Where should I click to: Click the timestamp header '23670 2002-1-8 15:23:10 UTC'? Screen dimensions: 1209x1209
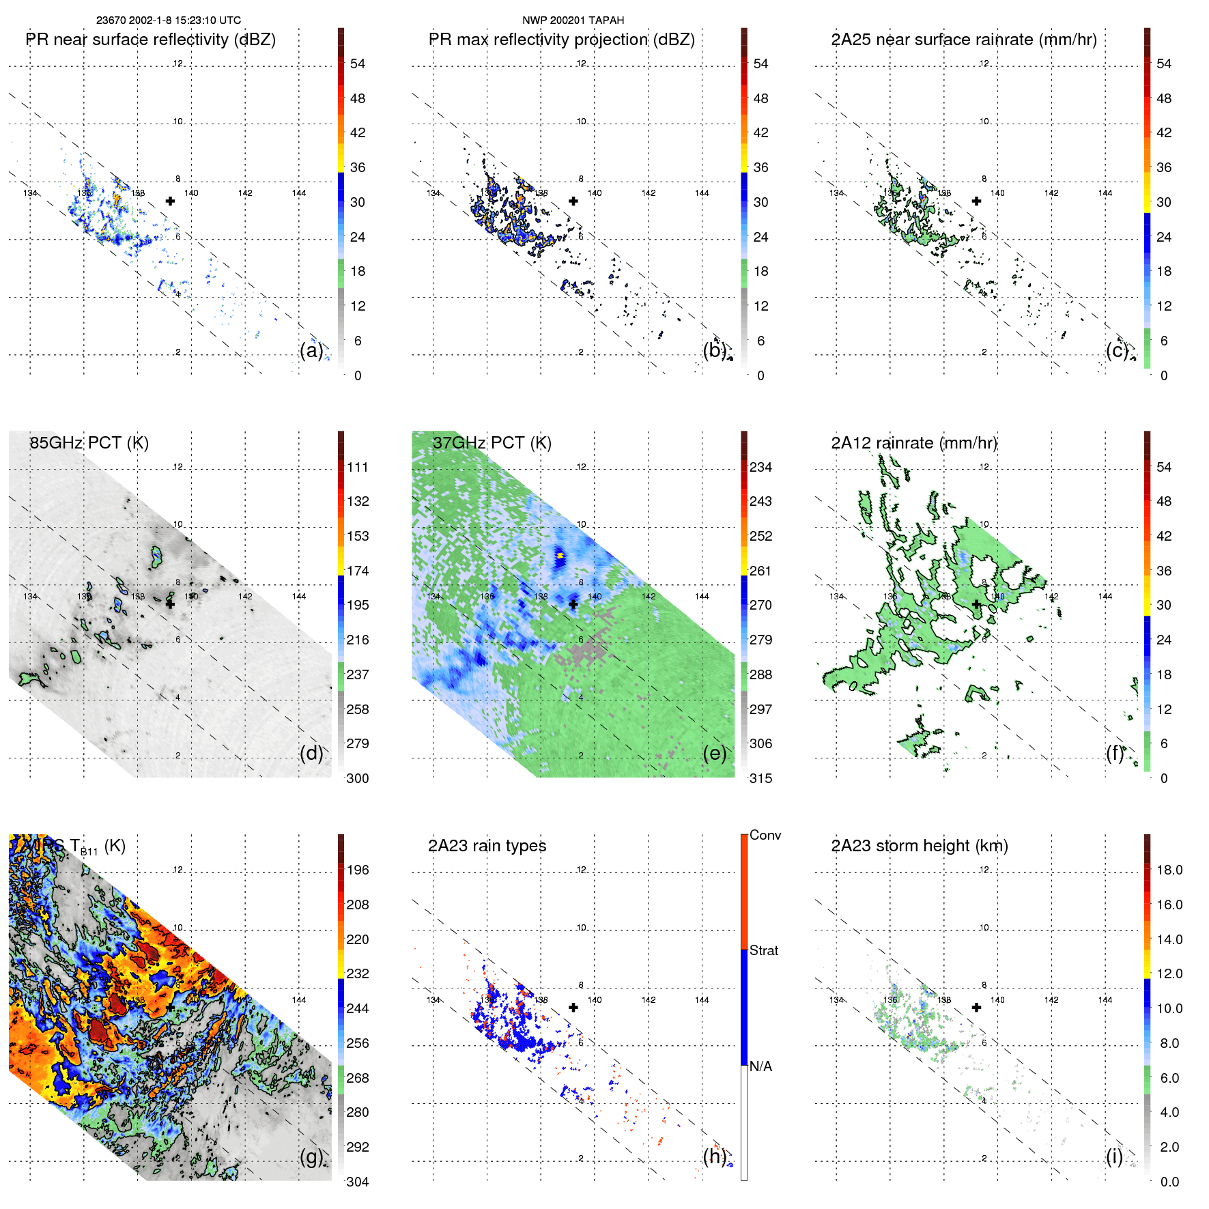tap(168, 20)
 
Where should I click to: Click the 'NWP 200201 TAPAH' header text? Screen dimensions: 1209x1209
tap(573, 20)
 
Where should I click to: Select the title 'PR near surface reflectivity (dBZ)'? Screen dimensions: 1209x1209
tap(151, 40)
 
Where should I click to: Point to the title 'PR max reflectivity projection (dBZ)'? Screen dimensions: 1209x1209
tap(561, 40)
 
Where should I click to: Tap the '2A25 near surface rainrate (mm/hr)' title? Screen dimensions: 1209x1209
tap(963, 40)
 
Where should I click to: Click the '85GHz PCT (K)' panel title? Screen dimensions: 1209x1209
tap(89, 443)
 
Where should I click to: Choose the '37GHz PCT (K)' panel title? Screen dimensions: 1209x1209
tap(492, 443)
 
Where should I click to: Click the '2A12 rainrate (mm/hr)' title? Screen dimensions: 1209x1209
tap(913, 443)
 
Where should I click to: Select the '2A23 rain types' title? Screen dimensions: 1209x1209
tap(487, 846)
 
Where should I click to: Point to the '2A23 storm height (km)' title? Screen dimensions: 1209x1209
tap(919, 846)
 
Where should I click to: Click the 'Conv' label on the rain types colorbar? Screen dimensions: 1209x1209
tap(765, 835)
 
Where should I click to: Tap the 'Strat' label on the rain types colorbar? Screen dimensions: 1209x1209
tap(763, 950)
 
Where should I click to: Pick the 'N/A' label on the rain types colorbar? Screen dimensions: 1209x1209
tap(760, 1066)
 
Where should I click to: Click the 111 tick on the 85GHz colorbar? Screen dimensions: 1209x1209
tap(358, 467)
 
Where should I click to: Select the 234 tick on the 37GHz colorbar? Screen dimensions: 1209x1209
tap(760, 467)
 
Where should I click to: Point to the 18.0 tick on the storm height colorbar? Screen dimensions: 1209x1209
tap(1169, 870)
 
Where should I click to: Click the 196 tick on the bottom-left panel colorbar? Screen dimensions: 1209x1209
tap(358, 870)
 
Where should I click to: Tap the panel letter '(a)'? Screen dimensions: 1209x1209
tap(311, 350)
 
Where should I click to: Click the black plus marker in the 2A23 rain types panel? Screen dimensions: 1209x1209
tap(573, 1008)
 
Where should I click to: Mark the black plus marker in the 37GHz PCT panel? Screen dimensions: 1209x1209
tap(573, 604)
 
